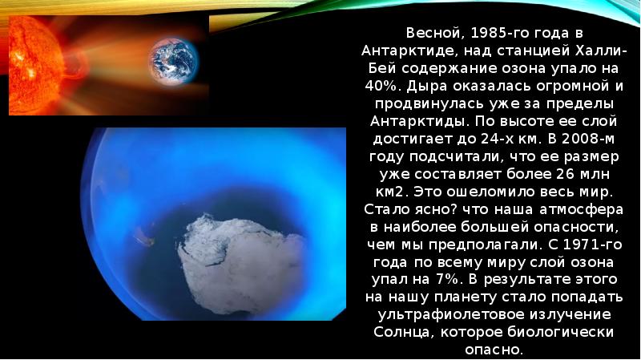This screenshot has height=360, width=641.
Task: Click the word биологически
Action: (570, 334)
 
